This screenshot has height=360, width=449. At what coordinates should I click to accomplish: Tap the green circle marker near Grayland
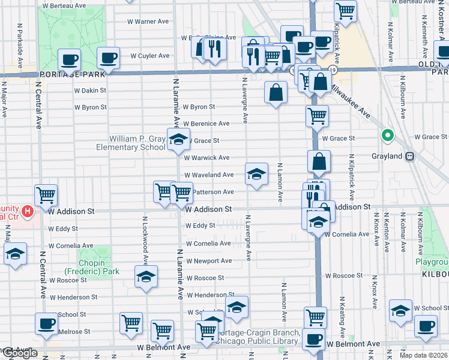(x=388, y=136)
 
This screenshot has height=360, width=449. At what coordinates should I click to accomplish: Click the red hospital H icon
(x=27, y=211)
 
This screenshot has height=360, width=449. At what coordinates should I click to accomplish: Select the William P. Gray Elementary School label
(x=136, y=143)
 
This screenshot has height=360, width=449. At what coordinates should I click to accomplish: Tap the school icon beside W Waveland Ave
(x=256, y=174)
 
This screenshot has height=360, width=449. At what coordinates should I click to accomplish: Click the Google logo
(x=19, y=353)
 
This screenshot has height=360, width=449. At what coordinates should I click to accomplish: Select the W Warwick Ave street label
(x=206, y=158)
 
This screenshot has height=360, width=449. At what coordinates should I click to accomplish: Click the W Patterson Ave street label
(x=213, y=192)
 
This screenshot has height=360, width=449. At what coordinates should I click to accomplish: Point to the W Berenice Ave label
(x=206, y=124)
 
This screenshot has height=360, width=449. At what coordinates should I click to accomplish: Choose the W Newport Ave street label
(x=208, y=261)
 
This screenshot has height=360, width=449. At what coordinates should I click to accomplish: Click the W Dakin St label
(x=90, y=90)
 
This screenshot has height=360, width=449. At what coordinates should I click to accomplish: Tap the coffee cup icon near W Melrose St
(x=46, y=323)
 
